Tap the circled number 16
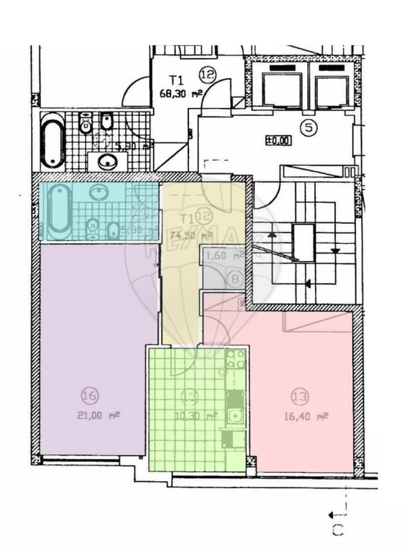(90, 396)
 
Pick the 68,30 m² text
(180, 94)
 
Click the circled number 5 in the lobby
(309, 128)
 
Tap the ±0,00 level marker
(278, 141)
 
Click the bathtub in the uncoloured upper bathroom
(53, 140)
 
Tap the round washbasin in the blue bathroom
(99, 193)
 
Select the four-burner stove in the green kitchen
(235, 359)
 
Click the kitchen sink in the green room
(234, 416)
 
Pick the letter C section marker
(338, 531)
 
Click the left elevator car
(282, 90)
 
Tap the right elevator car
(332, 91)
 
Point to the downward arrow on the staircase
(335, 251)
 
